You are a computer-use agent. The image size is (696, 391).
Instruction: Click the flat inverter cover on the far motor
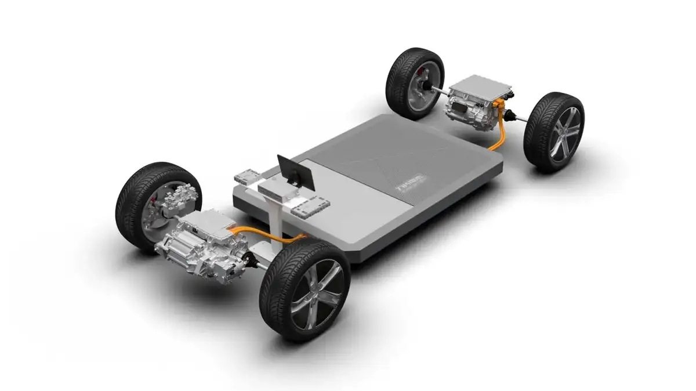point(481,86)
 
